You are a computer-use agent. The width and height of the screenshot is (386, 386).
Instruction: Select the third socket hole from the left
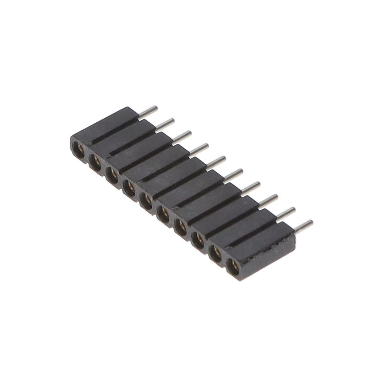(x=112, y=175)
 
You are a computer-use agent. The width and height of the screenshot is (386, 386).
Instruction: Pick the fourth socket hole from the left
(x=129, y=188)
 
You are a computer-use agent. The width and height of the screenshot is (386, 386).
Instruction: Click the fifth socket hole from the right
(x=164, y=214)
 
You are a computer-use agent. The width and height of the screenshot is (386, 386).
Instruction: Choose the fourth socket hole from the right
(x=181, y=227)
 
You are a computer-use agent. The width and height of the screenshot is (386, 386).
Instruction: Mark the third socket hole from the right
(x=198, y=239)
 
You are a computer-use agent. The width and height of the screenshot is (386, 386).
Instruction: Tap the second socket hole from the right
(x=215, y=252)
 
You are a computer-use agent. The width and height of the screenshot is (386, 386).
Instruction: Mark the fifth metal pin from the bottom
(x=233, y=175)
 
